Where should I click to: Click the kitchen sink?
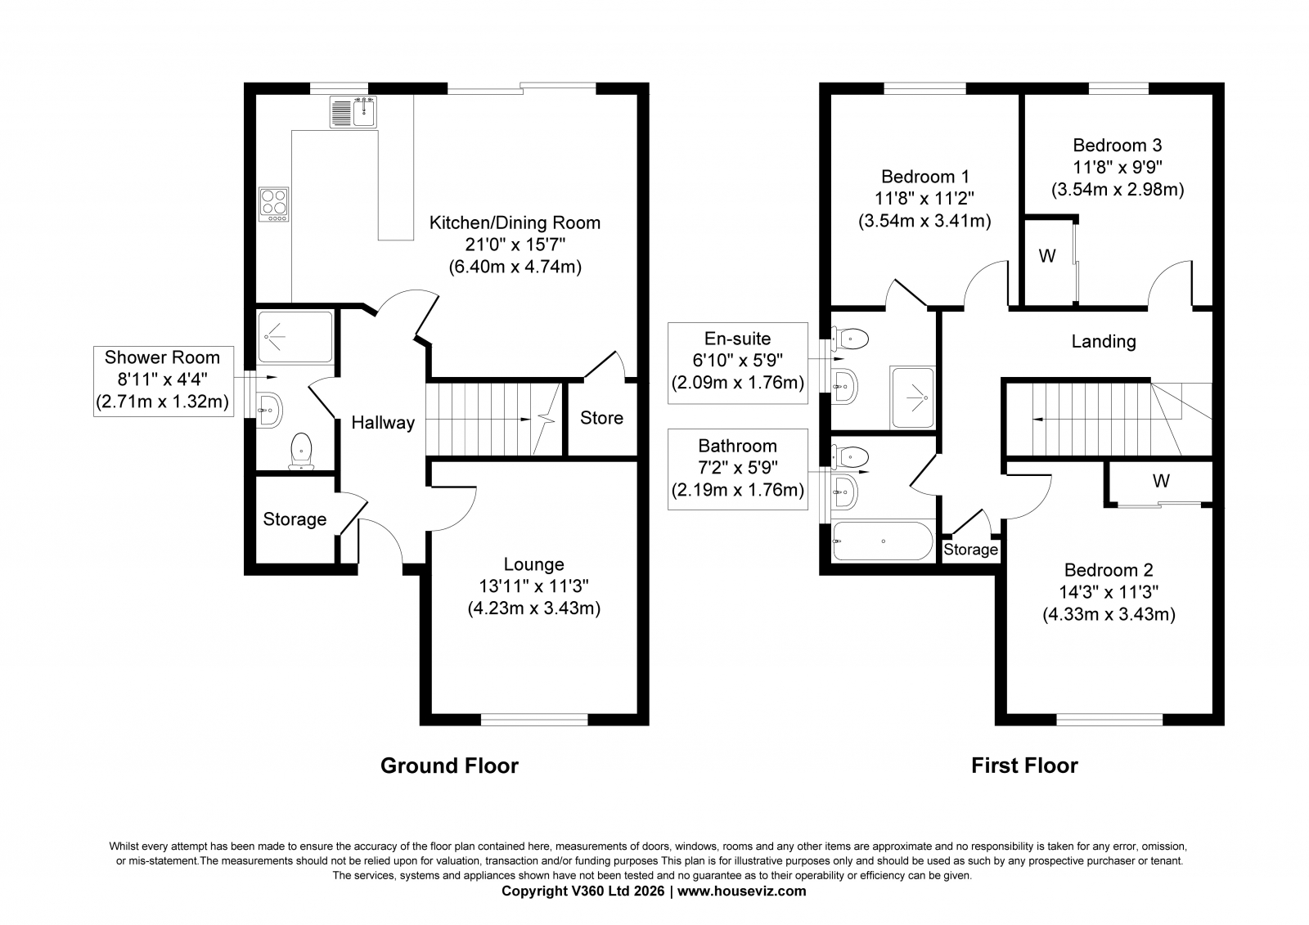[353, 111]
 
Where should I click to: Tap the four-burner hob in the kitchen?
[274, 204]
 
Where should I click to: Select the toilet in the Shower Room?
[302, 451]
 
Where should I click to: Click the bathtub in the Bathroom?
[883, 541]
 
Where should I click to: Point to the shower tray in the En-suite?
[912, 397]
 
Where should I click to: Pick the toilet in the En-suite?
[851, 339]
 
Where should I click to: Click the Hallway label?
[383, 423]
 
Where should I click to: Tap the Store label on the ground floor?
[601, 418]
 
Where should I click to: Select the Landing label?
[1104, 341]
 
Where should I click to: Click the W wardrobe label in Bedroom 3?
[1047, 256]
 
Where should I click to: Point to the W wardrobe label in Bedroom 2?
[1161, 481]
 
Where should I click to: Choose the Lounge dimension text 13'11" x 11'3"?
[533, 586]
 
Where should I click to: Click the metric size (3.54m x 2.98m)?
[1118, 190]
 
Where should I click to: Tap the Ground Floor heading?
[449, 766]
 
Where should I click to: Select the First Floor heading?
[1024, 766]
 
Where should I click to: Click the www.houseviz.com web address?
[741, 891]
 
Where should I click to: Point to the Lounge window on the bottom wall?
[534, 720]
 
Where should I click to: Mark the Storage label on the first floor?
[970, 550]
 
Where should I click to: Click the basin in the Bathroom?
[845, 492]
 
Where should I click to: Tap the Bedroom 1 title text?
[925, 177]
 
